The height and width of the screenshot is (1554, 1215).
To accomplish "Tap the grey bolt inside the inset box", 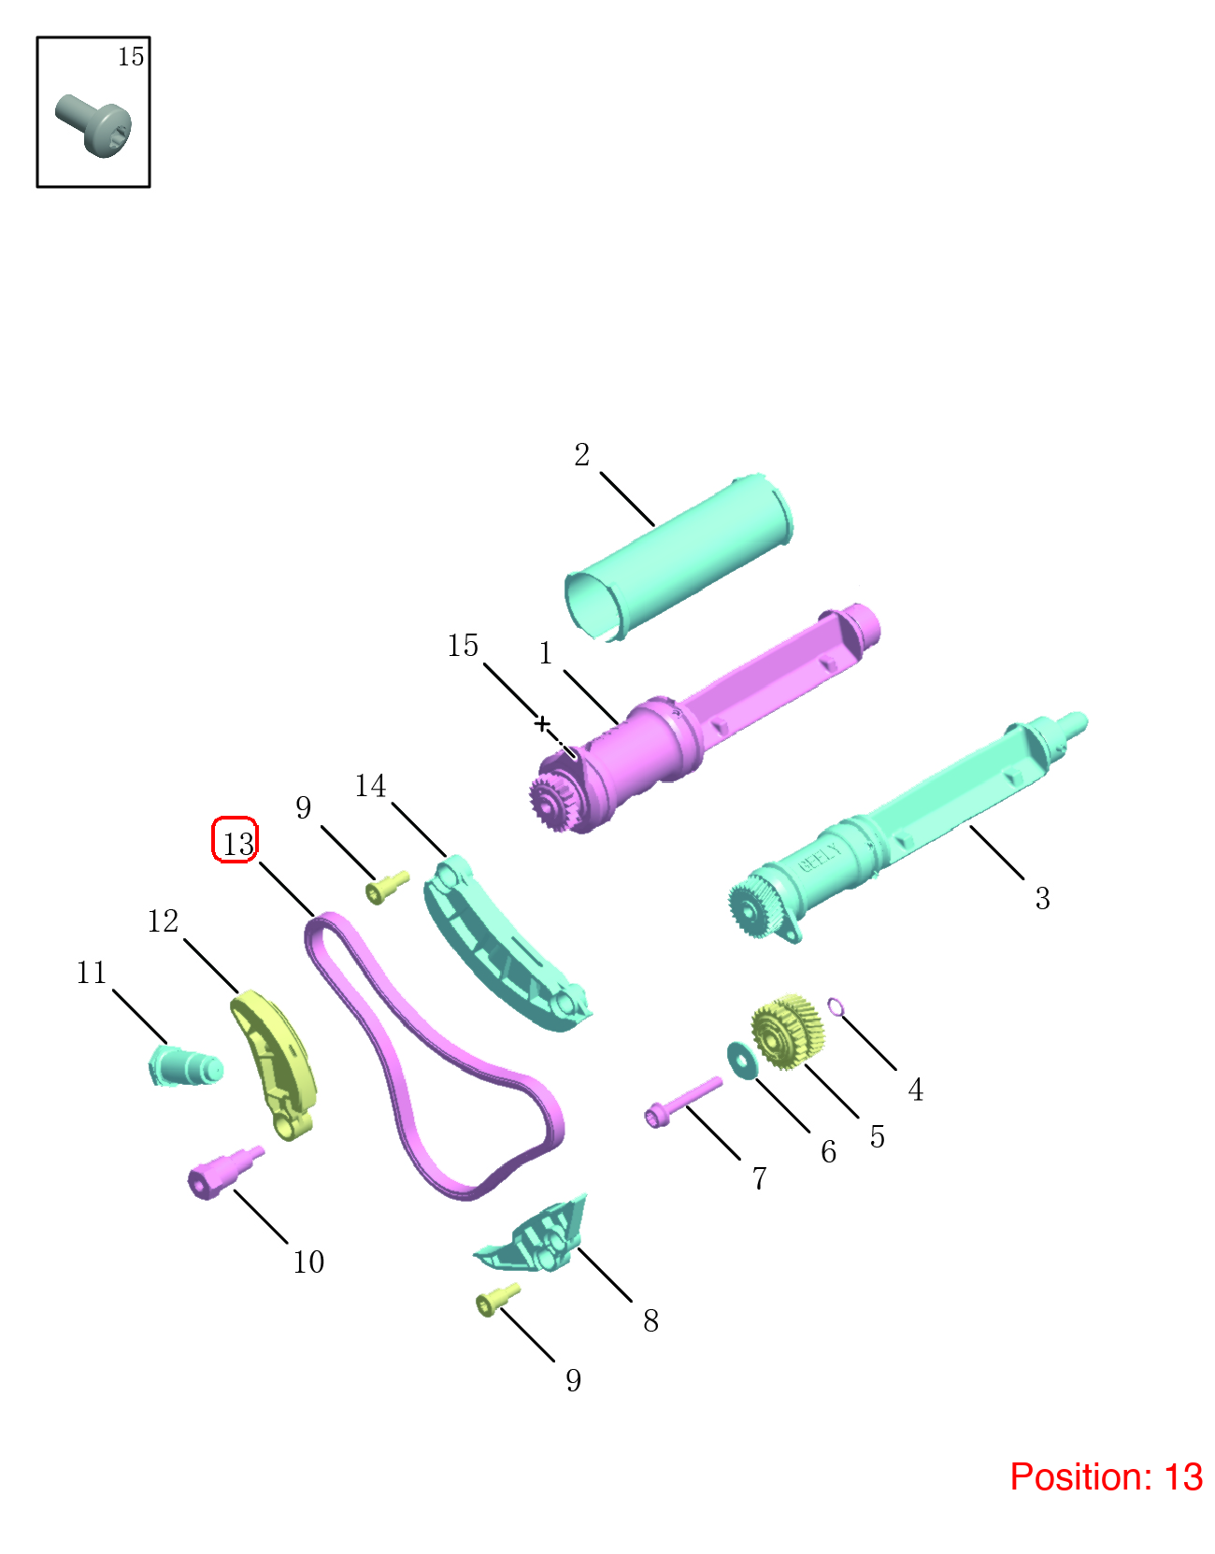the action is (x=93, y=125).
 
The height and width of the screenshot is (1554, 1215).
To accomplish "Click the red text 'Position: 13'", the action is (x=1106, y=1476).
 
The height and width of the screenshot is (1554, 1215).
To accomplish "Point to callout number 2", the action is (x=582, y=455).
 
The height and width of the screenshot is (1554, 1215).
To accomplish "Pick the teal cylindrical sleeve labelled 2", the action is (x=679, y=557).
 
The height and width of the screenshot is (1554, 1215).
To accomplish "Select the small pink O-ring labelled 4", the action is (x=836, y=1007).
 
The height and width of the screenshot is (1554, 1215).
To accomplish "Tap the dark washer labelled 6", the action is (x=743, y=1061).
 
